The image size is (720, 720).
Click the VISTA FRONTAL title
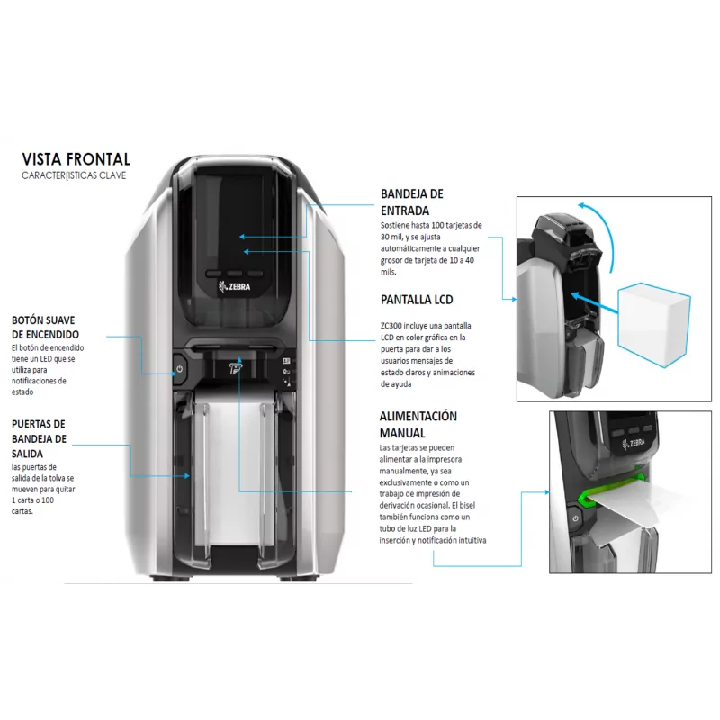point(76,159)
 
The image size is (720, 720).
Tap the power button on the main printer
point(179,368)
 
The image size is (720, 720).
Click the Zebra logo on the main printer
point(235,286)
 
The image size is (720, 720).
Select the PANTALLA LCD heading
point(417,300)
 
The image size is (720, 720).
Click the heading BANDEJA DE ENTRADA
point(412,202)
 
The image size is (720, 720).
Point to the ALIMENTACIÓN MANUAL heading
point(418,424)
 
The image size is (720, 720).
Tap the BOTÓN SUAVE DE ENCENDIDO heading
point(45,328)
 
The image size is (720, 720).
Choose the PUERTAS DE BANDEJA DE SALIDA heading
point(39,438)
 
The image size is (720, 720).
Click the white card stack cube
point(653,324)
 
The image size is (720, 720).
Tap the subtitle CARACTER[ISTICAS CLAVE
point(74,175)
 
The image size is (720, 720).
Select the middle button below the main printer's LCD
point(235,274)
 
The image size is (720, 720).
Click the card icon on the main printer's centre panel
point(286,361)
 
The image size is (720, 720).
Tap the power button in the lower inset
point(576,518)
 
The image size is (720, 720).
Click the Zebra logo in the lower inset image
point(634,444)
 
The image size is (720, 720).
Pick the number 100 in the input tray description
point(437,226)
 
